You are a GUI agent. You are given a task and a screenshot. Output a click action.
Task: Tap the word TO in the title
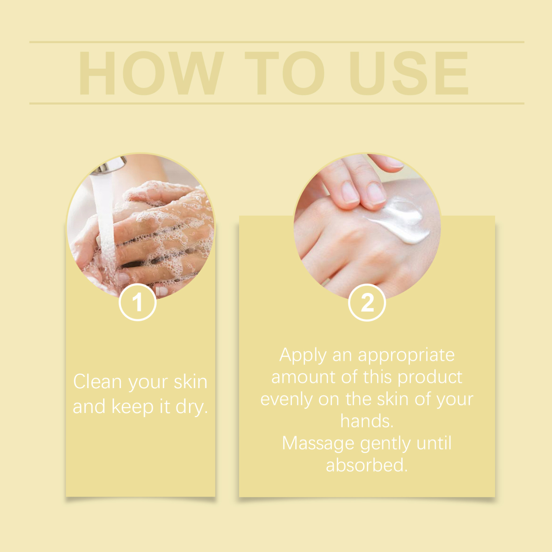click(x=284, y=73)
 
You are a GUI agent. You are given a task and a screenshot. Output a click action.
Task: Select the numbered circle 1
click(x=138, y=303)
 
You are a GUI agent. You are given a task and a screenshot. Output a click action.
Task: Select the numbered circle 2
click(x=367, y=303)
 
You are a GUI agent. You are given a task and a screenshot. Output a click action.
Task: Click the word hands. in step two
click(x=367, y=421)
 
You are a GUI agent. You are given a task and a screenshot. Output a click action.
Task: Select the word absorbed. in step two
click(x=367, y=465)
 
